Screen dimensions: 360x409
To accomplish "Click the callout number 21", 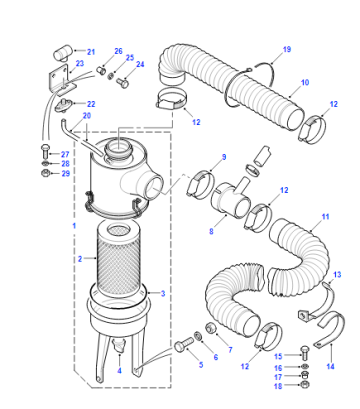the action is pyautogui.click(x=91, y=52).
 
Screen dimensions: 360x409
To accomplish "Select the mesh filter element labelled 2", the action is pyautogui.click(x=116, y=260).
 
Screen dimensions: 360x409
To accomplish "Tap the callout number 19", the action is pyautogui.click(x=287, y=49).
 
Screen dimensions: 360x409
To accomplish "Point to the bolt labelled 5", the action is pyautogui.click(x=184, y=344).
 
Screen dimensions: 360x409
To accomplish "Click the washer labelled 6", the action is pyautogui.click(x=198, y=335).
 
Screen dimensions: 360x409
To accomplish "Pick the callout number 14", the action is pyautogui.click(x=330, y=366).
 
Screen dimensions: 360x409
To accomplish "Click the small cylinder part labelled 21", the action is pyautogui.click(x=63, y=53).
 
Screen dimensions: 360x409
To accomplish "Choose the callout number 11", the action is pyautogui.click(x=325, y=217).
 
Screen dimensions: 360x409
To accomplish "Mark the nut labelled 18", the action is pyautogui.click(x=304, y=385).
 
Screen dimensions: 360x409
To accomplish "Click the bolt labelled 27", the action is pyautogui.click(x=45, y=151).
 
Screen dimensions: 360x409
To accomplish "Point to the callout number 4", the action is pyautogui.click(x=119, y=370).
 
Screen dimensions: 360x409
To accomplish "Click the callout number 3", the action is pyautogui.click(x=163, y=294).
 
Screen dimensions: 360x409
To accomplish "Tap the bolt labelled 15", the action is pyautogui.click(x=305, y=352).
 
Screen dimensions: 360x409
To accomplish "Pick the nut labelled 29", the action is pyautogui.click(x=45, y=173).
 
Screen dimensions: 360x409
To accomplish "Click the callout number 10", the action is pyautogui.click(x=305, y=82).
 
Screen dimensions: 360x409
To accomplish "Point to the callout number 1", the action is pyautogui.click(x=74, y=226).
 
